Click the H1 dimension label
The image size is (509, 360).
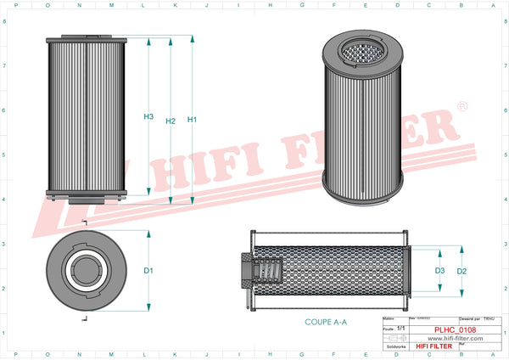pos(192,120)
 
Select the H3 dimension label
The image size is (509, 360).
pos(148,116)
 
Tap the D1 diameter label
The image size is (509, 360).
pos(148,270)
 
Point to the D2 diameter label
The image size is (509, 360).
pos(461,271)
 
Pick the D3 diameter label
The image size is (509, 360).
pos(439,271)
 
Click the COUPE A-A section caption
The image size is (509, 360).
pos(326,323)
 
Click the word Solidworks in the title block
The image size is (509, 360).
pos(396,346)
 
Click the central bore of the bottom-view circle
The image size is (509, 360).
pos(86,271)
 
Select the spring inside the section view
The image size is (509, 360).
pos(266,273)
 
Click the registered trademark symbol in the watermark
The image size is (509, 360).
pos(461,107)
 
